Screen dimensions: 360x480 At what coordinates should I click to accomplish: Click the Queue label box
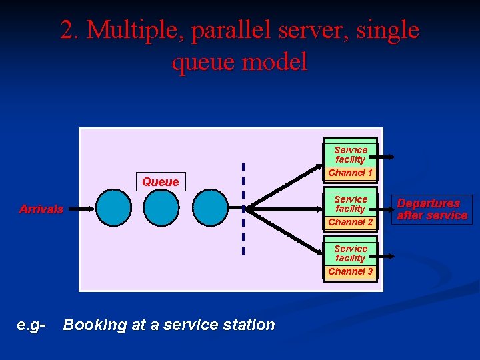(x=161, y=182)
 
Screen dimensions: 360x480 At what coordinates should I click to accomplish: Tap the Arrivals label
(x=41, y=209)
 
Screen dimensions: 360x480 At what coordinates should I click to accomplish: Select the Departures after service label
(x=432, y=209)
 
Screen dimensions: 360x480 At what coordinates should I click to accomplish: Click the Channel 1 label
(x=351, y=173)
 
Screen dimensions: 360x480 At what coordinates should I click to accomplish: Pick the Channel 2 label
(x=351, y=222)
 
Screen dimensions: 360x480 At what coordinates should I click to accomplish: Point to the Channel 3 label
(x=351, y=271)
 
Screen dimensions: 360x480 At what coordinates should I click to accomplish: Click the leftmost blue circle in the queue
(x=114, y=208)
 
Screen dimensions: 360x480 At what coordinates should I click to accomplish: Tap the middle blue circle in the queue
(x=161, y=208)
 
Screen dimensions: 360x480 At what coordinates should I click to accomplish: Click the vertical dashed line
(x=243, y=208)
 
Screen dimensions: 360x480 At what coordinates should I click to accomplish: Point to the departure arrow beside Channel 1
(x=385, y=159)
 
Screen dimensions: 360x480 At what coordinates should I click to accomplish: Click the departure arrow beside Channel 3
(x=385, y=256)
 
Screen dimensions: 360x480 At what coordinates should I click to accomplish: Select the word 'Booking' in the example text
(x=95, y=325)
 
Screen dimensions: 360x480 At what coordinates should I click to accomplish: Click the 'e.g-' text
(x=31, y=325)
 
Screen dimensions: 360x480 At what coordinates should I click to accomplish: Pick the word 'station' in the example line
(x=251, y=325)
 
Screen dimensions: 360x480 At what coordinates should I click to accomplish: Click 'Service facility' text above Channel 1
(x=351, y=155)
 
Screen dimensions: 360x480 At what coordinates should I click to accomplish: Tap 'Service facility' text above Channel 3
(x=351, y=253)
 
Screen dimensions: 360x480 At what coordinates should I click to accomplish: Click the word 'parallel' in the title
(x=222, y=30)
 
